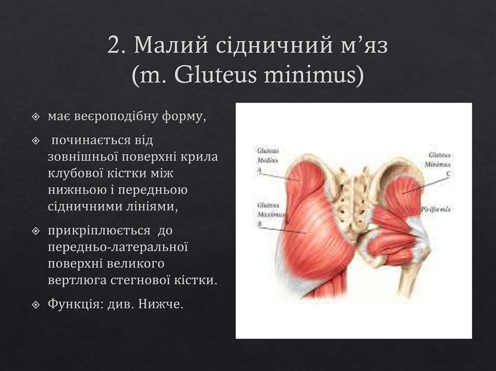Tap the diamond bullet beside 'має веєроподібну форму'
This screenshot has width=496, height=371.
coord(37,117)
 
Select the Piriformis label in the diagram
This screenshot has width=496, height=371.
coord(435,210)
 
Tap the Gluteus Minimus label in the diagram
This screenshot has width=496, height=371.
coord(439,160)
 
